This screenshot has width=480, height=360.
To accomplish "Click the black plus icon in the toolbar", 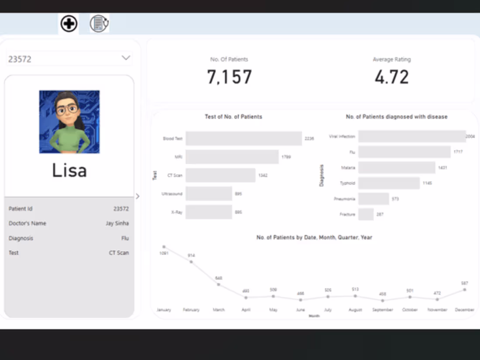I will [69, 24].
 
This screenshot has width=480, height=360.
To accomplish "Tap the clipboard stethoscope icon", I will [99, 24].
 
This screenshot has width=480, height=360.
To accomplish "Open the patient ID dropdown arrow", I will [126, 58].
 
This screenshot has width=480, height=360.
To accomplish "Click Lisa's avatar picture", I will [69, 122].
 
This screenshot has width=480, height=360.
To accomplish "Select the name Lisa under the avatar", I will [69, 170].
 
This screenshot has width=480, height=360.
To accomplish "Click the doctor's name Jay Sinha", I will [117, 223].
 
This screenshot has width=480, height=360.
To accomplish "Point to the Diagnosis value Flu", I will [125, 238].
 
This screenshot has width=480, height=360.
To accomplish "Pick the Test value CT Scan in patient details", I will [119, 253].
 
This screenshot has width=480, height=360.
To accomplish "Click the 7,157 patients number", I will [229, 77].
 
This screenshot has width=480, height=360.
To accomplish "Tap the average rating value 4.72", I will [391, 77].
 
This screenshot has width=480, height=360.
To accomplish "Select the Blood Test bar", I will [243, 138].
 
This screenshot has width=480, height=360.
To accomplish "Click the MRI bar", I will [232, 157].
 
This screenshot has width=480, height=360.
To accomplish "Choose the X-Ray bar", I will [209, 212].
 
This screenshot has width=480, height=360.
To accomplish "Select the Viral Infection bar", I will [411, 136].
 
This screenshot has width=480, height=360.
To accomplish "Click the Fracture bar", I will [366, 214].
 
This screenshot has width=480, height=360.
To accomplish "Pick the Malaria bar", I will [397, 168].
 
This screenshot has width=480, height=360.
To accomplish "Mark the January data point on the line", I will [164, 247].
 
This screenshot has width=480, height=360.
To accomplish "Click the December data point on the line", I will [465, 289].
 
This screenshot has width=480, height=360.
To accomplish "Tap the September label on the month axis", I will [383, 310].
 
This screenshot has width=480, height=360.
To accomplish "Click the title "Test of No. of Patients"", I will [233, 117].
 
